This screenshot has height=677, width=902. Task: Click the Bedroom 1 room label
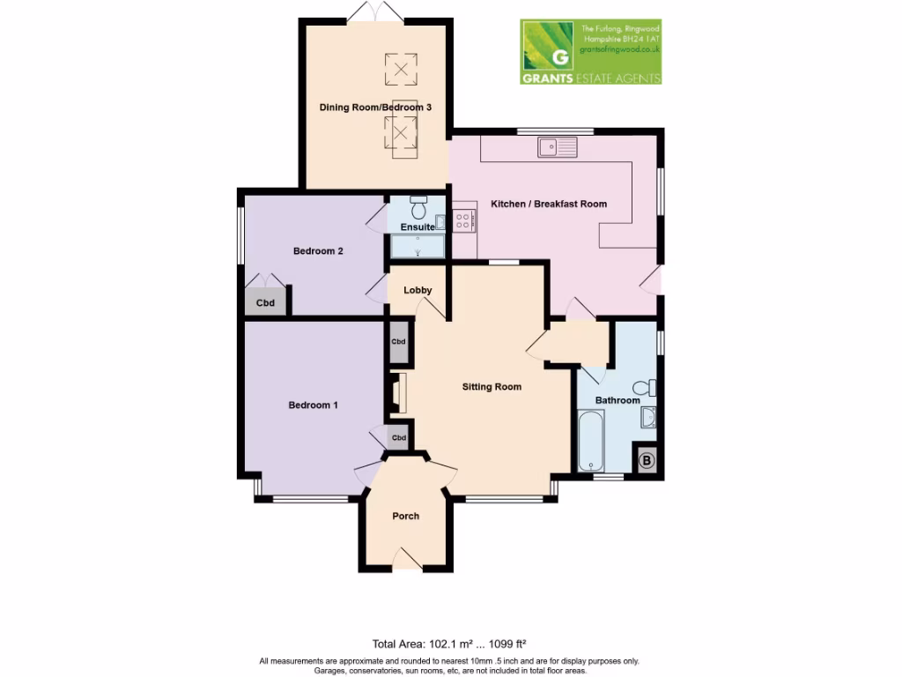314,405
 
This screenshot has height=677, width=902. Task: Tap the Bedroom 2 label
318,251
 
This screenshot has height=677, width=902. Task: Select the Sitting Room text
492,386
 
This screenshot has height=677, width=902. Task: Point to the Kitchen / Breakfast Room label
549,204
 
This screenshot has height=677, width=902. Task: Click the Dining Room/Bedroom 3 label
375,108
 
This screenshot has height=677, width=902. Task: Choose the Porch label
406,516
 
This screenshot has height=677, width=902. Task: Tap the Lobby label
417,290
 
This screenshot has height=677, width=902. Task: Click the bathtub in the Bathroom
589,441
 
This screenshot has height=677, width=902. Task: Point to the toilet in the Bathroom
645,388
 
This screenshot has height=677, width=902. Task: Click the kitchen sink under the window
557,146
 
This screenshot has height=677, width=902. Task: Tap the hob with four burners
464,219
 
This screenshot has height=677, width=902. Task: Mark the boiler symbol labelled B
646,460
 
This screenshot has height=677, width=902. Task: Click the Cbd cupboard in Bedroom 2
265,302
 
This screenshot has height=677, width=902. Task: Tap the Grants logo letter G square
548,51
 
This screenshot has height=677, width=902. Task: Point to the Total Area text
450,644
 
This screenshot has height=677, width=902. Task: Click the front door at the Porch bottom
407,561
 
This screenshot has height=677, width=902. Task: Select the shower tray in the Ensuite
418,247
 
